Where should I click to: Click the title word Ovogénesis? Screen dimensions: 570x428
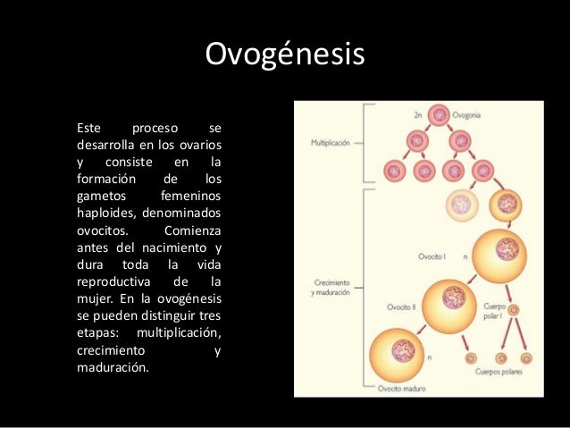285,55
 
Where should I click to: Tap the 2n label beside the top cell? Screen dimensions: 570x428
419,115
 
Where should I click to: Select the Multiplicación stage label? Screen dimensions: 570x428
331,143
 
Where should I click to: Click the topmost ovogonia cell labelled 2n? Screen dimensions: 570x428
439,115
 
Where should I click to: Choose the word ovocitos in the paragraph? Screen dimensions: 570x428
103,229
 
